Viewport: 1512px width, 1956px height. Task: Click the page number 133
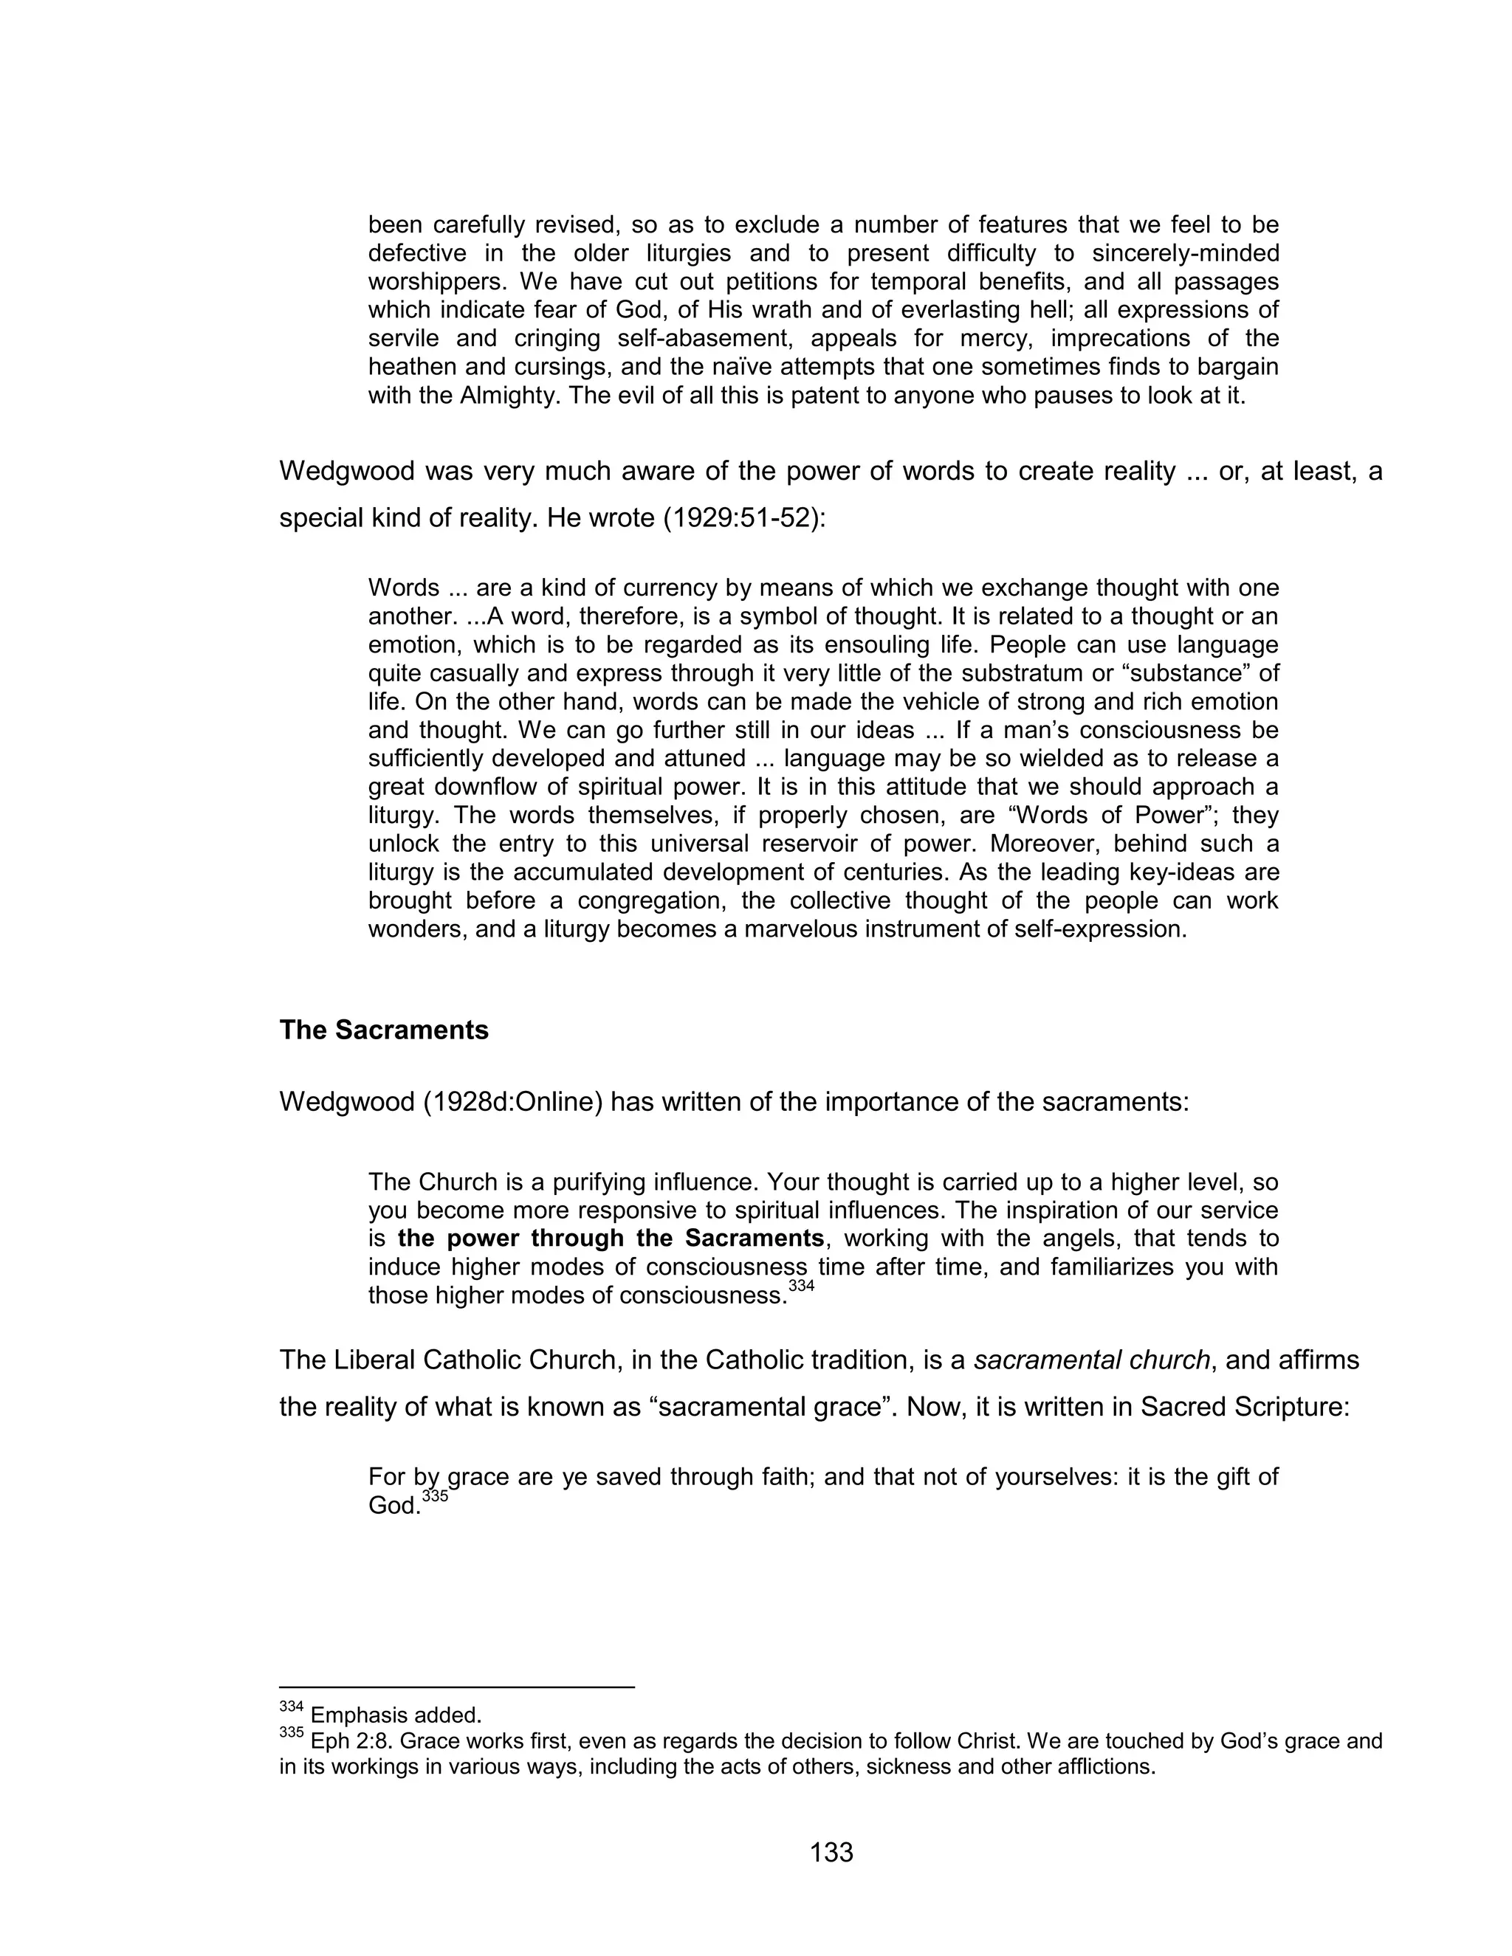click(831, 1852)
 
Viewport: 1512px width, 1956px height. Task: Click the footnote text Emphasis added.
click(396, 1716)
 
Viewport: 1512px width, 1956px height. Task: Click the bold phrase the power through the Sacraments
click(610, 1239)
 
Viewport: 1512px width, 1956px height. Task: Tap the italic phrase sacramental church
click(1091, 1360)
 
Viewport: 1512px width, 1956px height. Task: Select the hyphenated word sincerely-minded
click(1185, 253)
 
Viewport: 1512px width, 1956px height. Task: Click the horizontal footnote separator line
click(457, 1687)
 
